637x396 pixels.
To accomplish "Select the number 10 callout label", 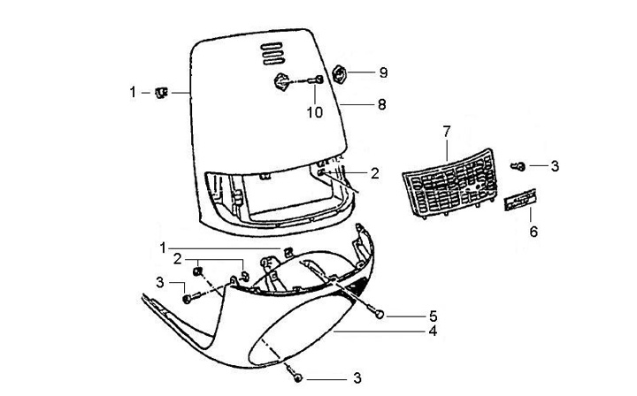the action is (x=316, y=112).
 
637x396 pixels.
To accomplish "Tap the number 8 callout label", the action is (x=381, y=104).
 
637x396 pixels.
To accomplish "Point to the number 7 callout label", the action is (x=447, y=133).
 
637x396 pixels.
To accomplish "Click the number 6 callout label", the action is (x=533, y=232).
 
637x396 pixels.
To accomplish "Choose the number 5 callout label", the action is (x=434, y=315).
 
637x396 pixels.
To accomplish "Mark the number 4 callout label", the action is (x=434, y=332).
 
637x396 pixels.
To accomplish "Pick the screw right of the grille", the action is (x=521, y=166).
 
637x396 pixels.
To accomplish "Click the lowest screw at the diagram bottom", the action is (x=298, y=377).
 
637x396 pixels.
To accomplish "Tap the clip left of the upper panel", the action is (x=161, y=91).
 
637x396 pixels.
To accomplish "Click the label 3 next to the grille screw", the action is (x=555, y=165).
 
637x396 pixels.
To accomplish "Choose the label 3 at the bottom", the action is (x=357, y=378).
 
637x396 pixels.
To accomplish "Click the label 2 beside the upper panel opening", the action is (x=375, y=173).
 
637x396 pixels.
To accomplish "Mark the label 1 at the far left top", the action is (x=133, y=91).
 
